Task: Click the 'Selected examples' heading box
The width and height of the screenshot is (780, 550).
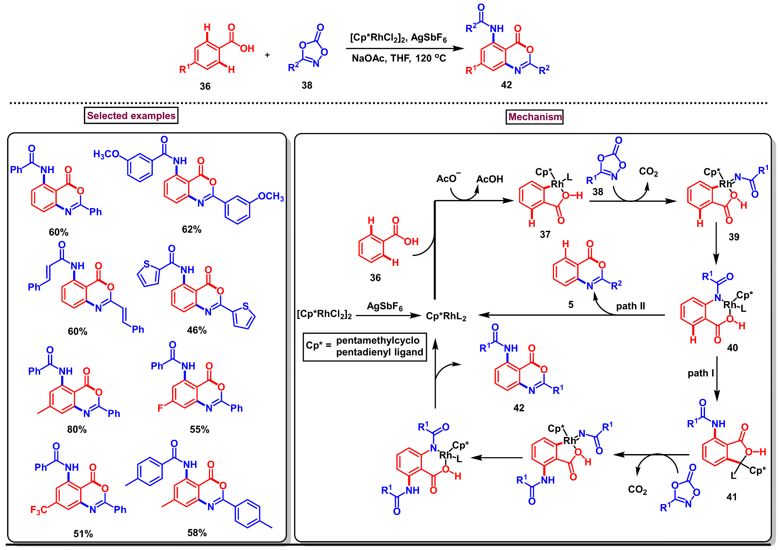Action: click(131, 116)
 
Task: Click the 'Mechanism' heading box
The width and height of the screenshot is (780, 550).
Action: click(534, 117)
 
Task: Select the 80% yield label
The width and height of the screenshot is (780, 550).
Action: click(77, 429)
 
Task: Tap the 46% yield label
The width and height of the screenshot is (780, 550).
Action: click(197, 330)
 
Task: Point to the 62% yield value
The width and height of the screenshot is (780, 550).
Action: click(192, 229)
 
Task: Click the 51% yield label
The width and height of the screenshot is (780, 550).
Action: click(83, 534)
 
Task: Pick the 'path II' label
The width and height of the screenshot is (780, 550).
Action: click(630, 306)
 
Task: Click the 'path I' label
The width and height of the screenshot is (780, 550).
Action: click(700, 373)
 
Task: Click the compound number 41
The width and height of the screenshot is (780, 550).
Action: click(732, 497)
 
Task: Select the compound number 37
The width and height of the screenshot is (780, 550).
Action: click(545, 235)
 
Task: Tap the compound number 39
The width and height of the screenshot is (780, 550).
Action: click(734, 237)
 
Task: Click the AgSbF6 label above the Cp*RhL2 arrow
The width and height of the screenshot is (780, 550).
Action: click(384, 306)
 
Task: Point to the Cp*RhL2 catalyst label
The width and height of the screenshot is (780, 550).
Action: click(446, 316)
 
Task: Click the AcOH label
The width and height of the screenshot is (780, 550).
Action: click(489, 179)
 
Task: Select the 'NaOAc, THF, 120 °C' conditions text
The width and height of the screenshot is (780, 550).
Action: click(399, 58)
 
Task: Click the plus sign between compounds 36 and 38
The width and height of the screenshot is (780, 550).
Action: click(267, 55)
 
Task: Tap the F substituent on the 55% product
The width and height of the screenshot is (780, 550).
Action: click(160, 408)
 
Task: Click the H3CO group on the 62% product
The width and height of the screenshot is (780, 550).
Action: click(106, 154)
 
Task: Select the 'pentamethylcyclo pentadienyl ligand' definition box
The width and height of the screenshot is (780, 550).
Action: click(365, 347)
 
